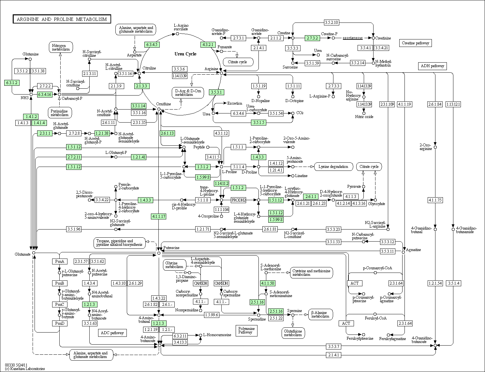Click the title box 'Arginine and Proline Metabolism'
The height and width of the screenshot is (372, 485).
click(x=62, y=19)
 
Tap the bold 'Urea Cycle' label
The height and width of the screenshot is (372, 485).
click(x=185, y=54)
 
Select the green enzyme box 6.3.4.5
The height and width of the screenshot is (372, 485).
click(x=152, y=45)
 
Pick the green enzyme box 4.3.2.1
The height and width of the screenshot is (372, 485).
click(x=208, y=45)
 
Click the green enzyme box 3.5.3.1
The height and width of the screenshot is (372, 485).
click(x=216, y=92)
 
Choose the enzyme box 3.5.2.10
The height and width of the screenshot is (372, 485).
click(x=331, y=22)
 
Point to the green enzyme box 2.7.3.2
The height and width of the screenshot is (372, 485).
click(x=312, y=38)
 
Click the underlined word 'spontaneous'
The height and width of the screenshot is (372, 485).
click(x=353, y=38)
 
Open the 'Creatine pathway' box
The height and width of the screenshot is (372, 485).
click(x=415, y=43)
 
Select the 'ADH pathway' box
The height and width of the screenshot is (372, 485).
click(x=432, y=66)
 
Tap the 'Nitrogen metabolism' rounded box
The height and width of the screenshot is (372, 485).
click(x=61, y=47)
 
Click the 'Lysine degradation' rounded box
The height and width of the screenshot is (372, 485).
click(x=333, y=167)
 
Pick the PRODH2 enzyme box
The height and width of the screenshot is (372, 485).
click(x=238, y=200)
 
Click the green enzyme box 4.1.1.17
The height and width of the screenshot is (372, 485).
click(x=158, y=216)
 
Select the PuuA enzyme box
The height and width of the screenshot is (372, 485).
click(x=60, y=261)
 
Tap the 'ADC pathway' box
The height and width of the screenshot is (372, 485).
click(x=112, y=333)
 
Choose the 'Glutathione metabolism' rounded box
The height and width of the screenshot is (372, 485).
click(x=293, y=333)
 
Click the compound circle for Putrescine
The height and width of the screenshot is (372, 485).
click(x=159, y=253)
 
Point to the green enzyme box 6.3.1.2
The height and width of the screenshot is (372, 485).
click(x=12, y=83)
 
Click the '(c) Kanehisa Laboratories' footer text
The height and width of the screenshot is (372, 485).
click(x=25, y=369)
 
